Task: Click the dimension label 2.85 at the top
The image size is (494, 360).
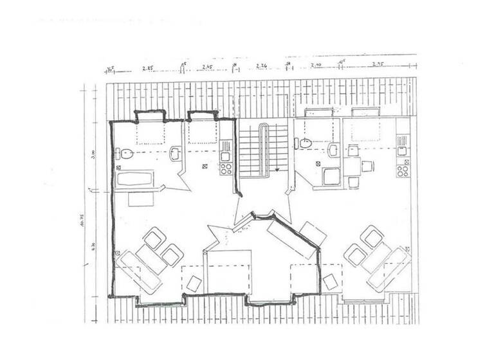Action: click(x=147, y=67)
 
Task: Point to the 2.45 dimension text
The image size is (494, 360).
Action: click(x=207, y=67)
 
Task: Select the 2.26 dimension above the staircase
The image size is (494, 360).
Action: click(x=262, y=66)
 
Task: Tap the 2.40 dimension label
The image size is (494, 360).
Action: click(x=316, y=66)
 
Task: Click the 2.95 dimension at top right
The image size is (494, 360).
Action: click(x=378, y=66)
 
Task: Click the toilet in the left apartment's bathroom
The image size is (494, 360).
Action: click(x=125, y=154)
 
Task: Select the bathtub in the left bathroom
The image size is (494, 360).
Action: click(x=134, y=179)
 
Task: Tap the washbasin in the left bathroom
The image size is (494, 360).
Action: click(x=174, y=154)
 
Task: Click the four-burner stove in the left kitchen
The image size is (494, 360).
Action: click(x=226, y=169)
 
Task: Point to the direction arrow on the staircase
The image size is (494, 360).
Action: click(x=277, y=170)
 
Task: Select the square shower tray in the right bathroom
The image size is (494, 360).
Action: click(x=331, y=175)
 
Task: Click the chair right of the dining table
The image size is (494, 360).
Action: click(x=367, y=166)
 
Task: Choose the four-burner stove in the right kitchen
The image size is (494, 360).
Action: click(x=403, y=170)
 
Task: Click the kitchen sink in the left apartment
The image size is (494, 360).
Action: click(x=226, y=155)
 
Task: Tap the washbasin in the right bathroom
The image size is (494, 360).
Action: click(x=333, y=150)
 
